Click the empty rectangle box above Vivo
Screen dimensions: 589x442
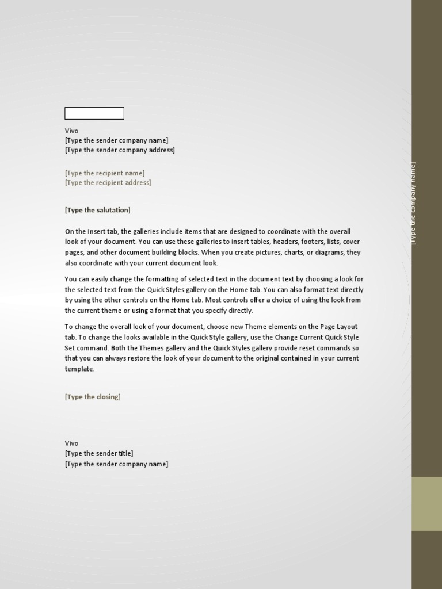pyautogui.click(x=94, y=113)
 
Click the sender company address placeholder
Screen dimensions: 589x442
pyautogui.click(x=120, y=150)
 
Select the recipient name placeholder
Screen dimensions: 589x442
pyautogui.click(x=105, y=173)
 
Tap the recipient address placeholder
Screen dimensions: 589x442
pyautogui.click(x=108, y=183)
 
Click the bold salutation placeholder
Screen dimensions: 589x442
pyautogui.click(x=98, y=210)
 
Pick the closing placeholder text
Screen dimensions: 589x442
pyautogui.click(x=93, y=397)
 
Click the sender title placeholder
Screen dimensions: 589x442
pyautogui.click(x=99, y=453)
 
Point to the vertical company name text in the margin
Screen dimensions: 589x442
pyautogui.click(x=413, y=203)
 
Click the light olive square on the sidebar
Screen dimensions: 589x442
pyautogui.click(x=426, y=504)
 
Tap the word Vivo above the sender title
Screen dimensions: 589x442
pyautogui.click(x=71, y=443)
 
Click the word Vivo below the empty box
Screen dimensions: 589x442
pyautogui.click(x=71, y=131)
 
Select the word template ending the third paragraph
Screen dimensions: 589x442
pyautogui.click(x=79, y=369)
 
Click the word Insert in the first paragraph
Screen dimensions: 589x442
pyautogui.click(x=93, y=231)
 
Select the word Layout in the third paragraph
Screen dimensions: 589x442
pyautogui.click(x=346, y=327)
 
